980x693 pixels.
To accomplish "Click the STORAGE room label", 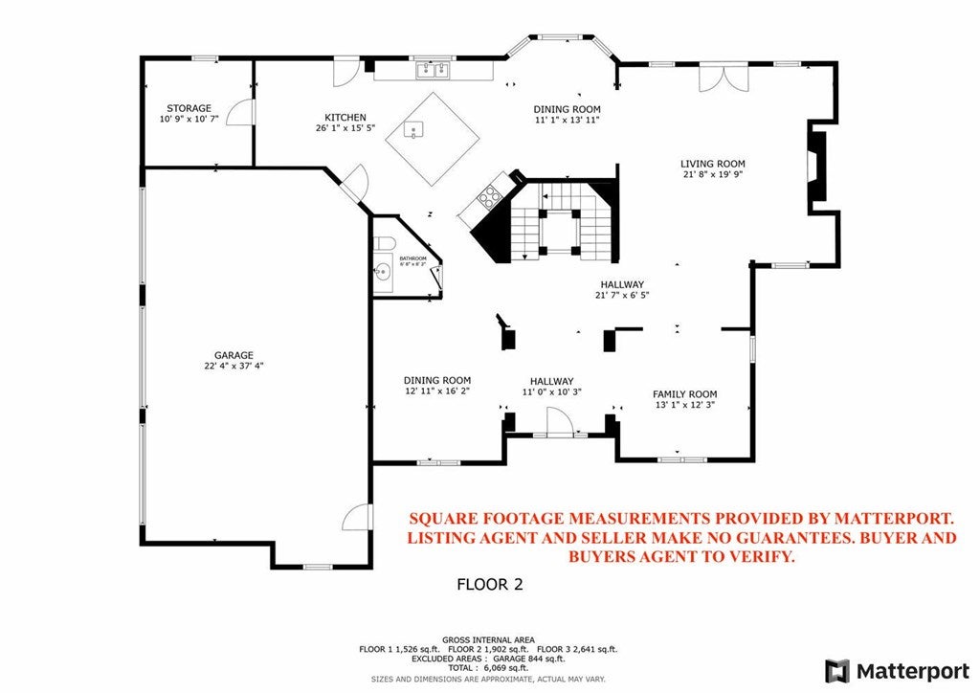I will tap(189, 108).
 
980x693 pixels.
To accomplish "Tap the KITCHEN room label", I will tap(345, 117).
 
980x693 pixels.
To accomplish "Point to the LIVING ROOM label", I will tap(712, 164).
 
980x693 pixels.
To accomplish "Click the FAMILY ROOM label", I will tap(684, 394).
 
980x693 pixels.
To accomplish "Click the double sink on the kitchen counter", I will tap(433, 70).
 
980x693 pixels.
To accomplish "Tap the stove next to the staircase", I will tap(488, 195).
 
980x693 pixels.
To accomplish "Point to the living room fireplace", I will tap(815, 167).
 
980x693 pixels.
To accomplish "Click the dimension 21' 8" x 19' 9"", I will tap(712, 175).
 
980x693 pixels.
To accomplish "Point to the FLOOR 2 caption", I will tap(489, 584).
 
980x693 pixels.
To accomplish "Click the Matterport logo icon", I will tap(837, 670).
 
